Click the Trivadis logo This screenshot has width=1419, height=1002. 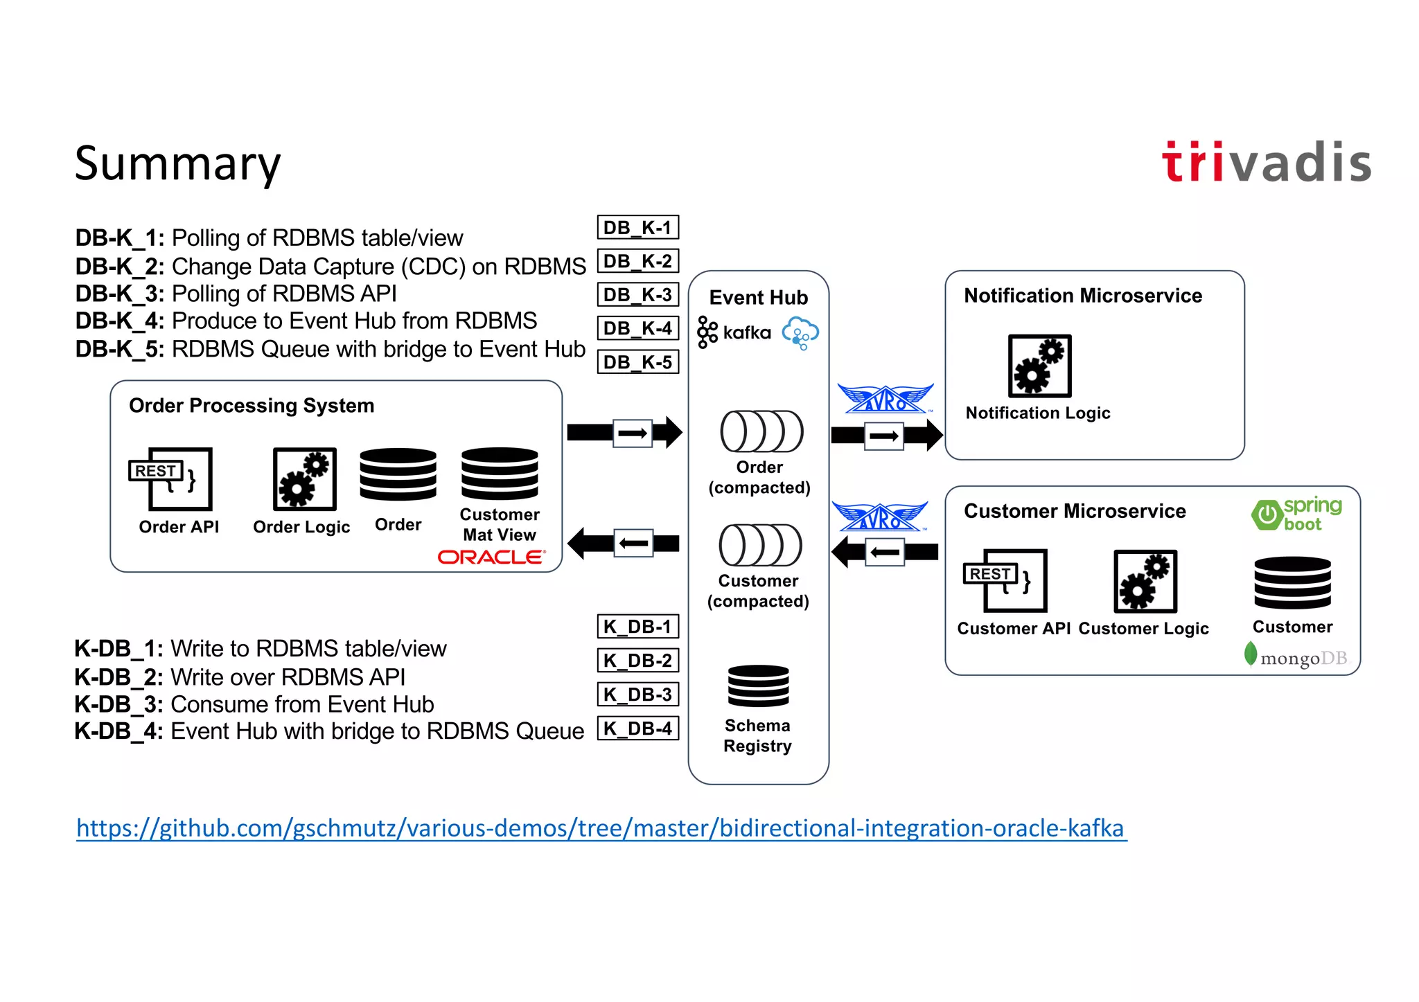pyautogui.click(x=1266, y=163)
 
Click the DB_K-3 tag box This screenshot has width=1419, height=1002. pyautogui.click(x=637, y=294)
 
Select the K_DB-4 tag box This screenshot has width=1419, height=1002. pyautogui.click(x=637, y=728)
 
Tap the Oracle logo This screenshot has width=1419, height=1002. pyautogui.click(x=491, y=557)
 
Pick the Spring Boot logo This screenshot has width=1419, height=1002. pyautogui.click(x=1296, y=515)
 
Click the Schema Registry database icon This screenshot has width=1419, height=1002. pyautogui.click(x=758, y=686)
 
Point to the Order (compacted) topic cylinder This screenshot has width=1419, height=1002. pyautogui.click(x=761, y=431)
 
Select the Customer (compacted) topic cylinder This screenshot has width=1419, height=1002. pyautogui.click(x=760, y=545)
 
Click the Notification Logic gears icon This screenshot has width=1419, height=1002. pyautogui.click(x=1039, y=366)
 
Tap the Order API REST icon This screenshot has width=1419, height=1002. pyautogui.click(x=170, y=478)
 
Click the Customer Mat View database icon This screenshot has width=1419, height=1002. pyautogui.click(x=500, y=474)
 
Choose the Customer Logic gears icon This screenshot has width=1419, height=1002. pyautogui.click(x=1145, y=581)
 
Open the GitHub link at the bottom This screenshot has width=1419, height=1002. pyautogui.click(x=601, y=828)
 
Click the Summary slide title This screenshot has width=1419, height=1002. pyautogui.click(x=177, y=163)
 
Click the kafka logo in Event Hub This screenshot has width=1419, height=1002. pyautogui.click(x=734, y=332)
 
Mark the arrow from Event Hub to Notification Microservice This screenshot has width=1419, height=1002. pyautogui.click(x=886, y=436)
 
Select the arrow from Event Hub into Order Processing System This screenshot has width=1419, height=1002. pyautogui.click(x=624, y=544)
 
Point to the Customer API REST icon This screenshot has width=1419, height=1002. pyautogui.click(x=1005, y=580)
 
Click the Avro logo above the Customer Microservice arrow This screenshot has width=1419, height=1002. pyautogui.click(x=880, y=517)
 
